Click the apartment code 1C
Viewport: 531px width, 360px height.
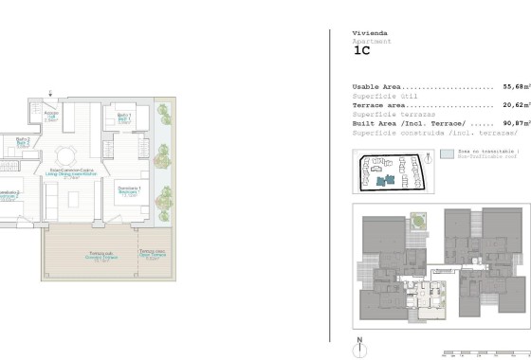[361, 52]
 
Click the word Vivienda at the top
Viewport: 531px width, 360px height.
[369, 33]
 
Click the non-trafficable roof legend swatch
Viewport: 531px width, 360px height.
[447, 152]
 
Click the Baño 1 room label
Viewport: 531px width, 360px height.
[124, 117]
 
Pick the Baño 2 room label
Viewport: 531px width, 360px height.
[22, 142]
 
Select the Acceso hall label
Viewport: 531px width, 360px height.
[52, 117]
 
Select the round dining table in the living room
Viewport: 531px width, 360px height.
[66, 154]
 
